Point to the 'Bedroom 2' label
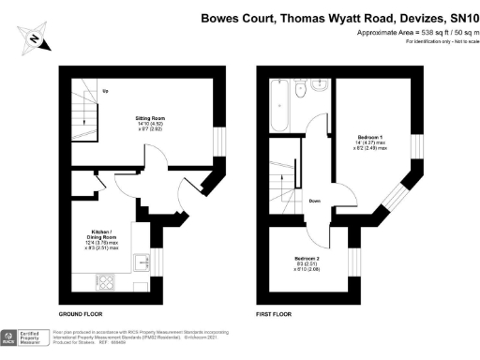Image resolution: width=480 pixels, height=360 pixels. (307, 258)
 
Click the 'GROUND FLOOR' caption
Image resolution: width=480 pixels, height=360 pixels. (81, 313)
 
